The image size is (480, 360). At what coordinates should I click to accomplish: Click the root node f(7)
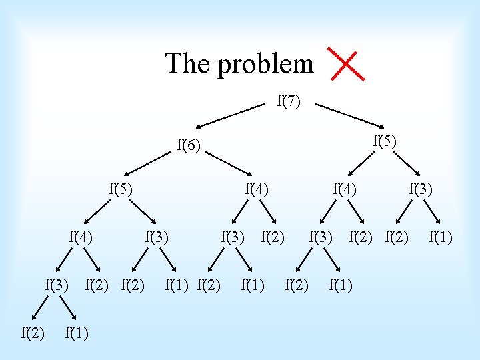[289, 101]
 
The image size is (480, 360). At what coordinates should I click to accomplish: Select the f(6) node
[189, 145]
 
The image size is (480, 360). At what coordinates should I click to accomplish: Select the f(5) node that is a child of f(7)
[385, 141]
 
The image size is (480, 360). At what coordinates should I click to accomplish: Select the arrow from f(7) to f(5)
[350, 115]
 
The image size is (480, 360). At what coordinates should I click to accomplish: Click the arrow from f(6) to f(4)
[229, 165]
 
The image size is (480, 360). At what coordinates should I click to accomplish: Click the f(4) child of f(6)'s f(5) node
[81, 236]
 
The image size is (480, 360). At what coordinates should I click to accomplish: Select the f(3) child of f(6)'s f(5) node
[157, 236]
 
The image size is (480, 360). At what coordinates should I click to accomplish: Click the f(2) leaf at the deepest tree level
[33, 332]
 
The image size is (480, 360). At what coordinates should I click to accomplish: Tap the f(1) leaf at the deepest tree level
[77, 332]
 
